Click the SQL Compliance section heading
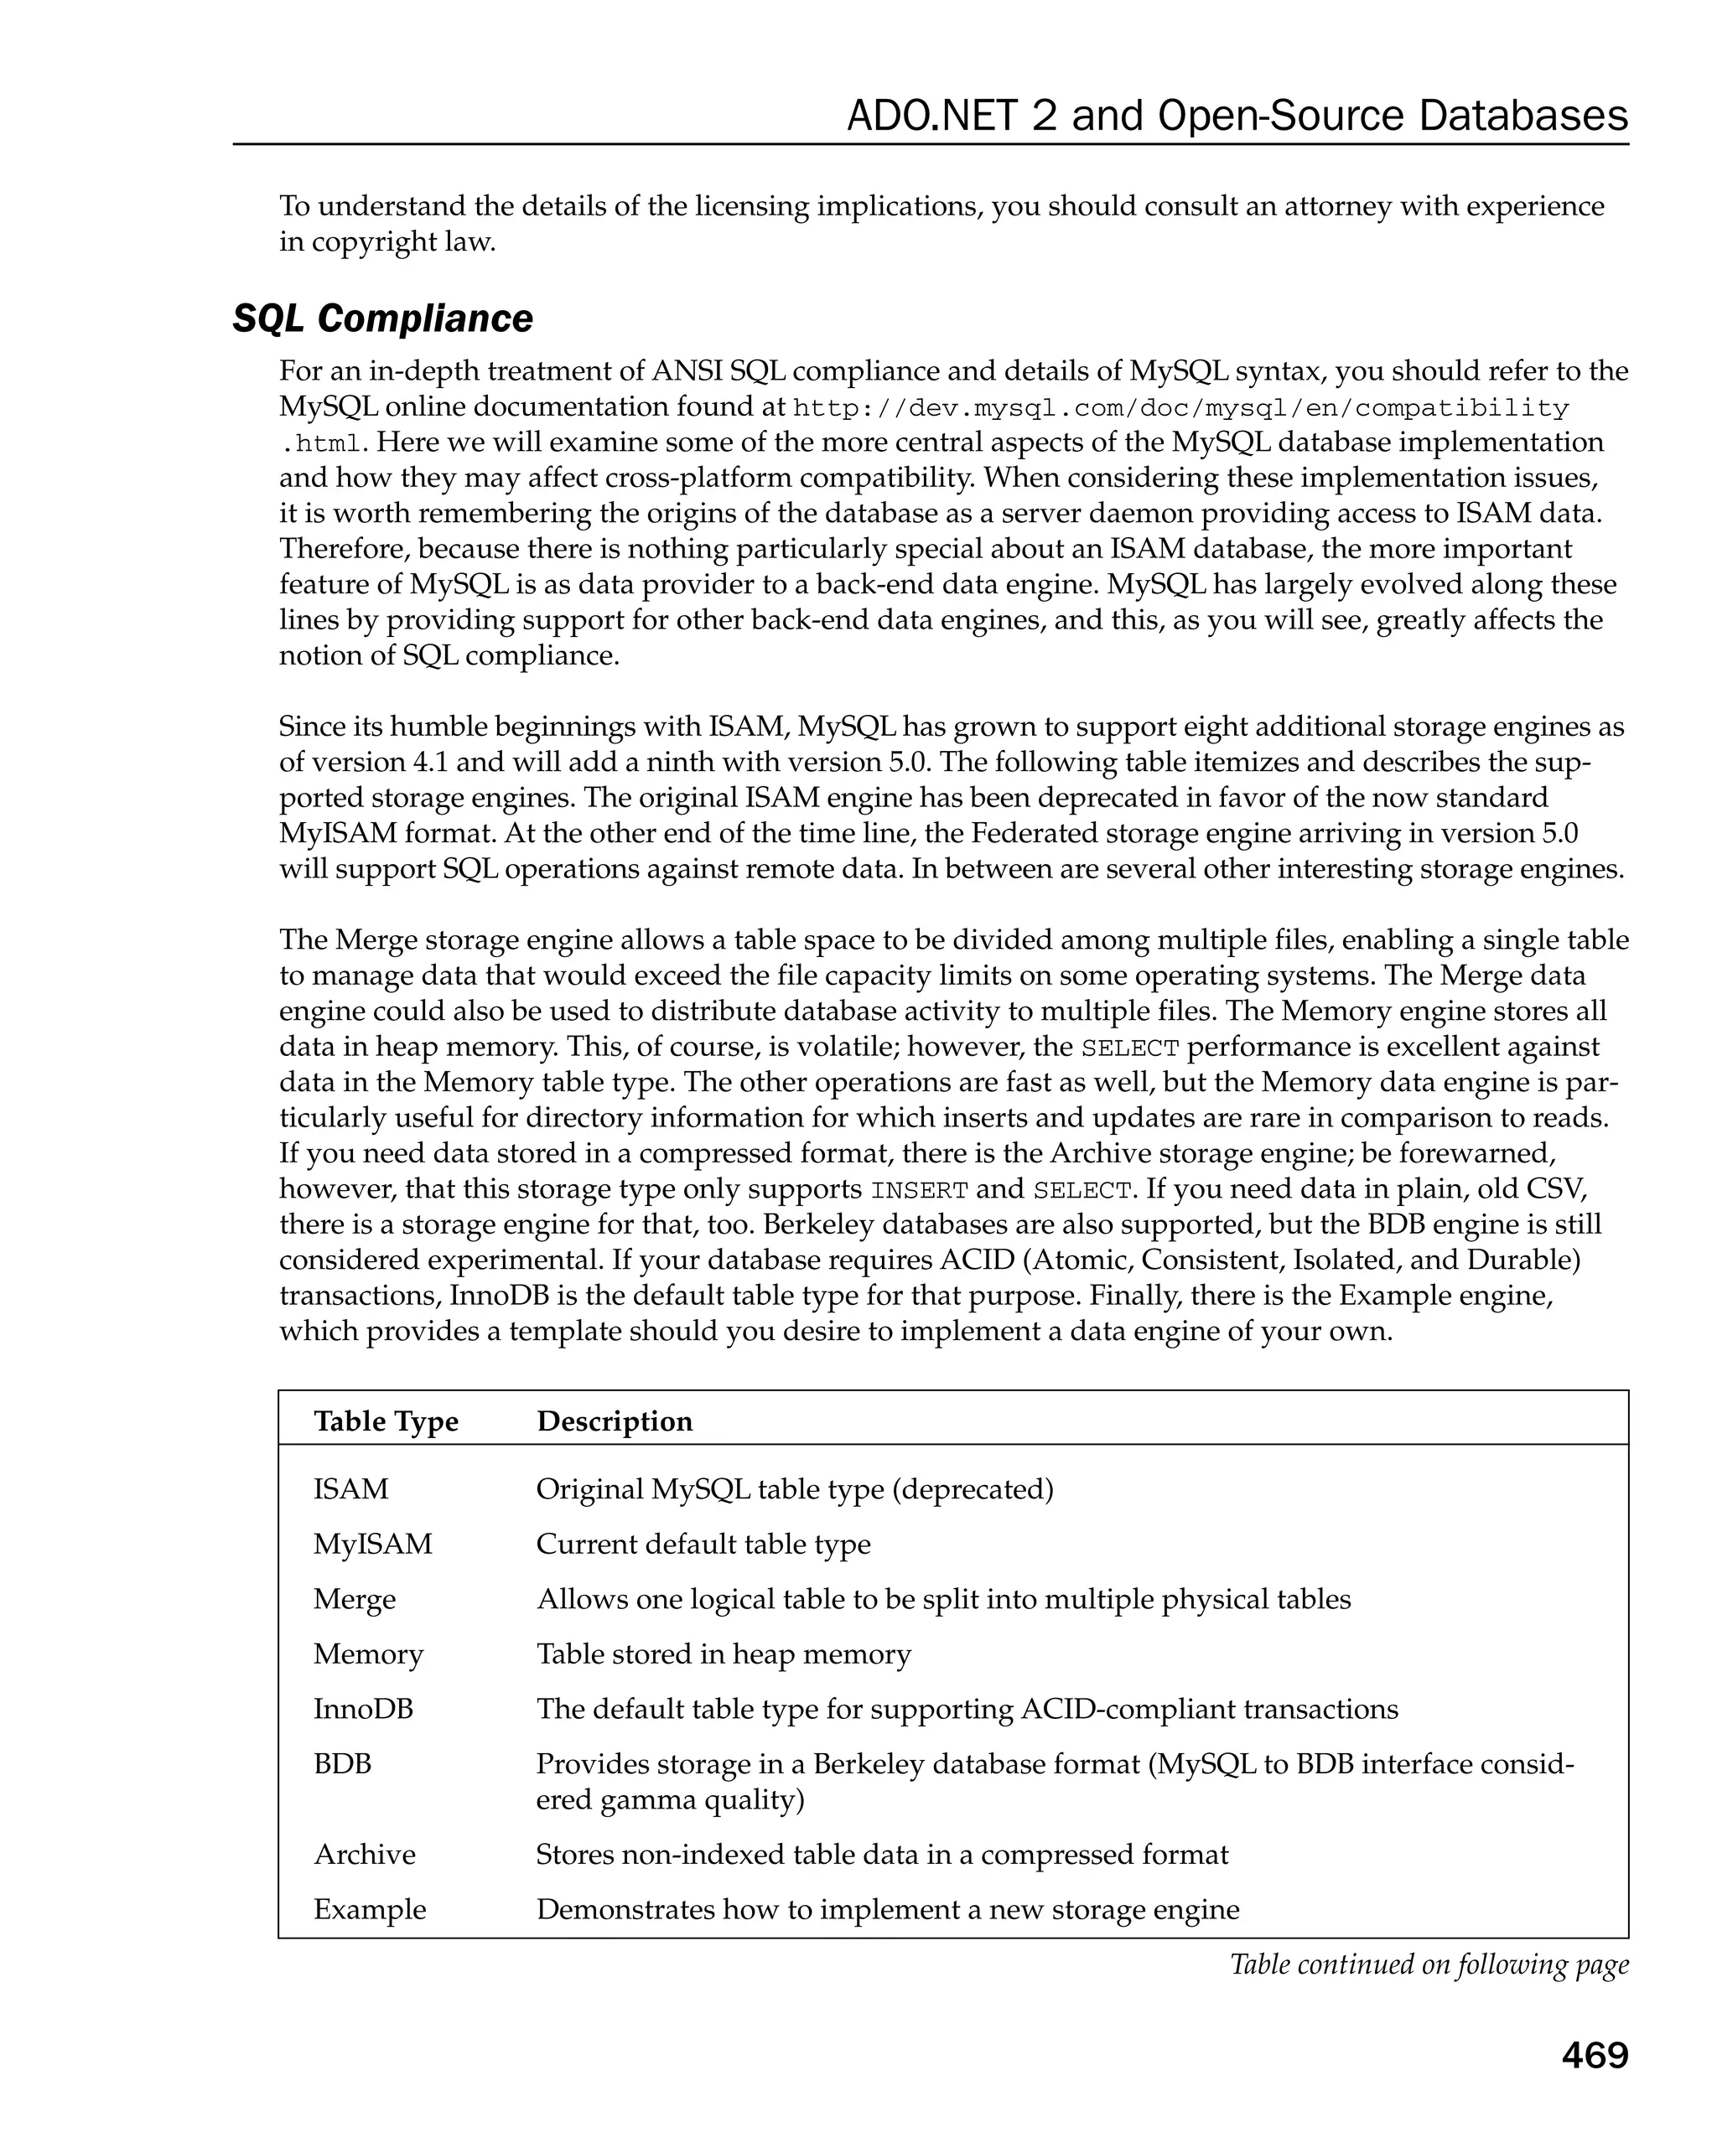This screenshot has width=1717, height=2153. click(382, 318)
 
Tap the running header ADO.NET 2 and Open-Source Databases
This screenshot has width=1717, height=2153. click(1237, 116)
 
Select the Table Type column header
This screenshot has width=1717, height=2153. click(386, 1421)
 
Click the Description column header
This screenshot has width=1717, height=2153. click(615, 1421)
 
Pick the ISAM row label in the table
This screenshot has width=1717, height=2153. click(350, 1489)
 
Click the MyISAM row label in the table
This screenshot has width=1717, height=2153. click(372, 1544)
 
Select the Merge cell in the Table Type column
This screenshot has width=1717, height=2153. click(355, 1599)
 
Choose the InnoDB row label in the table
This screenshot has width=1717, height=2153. click(362, 1709)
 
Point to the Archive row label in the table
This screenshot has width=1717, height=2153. click(365, 1855)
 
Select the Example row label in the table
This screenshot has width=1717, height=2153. click(370, 1909)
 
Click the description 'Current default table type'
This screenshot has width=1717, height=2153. click(703, 1544)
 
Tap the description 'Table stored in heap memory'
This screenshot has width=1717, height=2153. click(724, 1654)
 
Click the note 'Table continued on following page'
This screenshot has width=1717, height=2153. click(1429, 1964)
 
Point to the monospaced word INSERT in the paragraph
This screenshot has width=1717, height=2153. click(919, 1190)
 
